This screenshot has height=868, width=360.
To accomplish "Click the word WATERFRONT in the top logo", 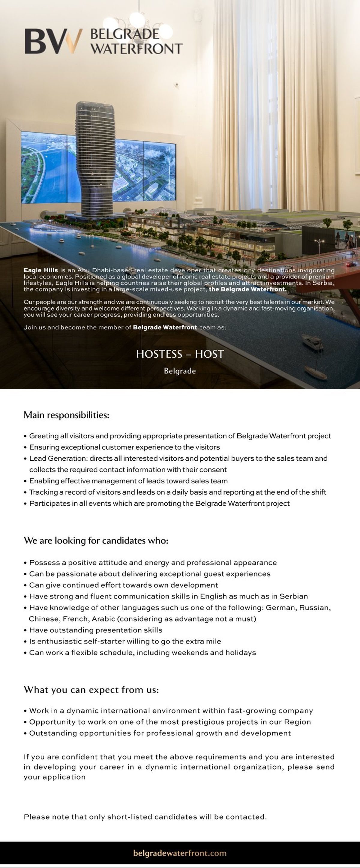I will click(136, 49).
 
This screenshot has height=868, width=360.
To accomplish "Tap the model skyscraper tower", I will click(95, 158).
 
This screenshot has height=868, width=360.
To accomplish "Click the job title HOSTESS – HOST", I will click(180, 354).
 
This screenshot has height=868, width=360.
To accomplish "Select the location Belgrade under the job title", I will click(180, 371).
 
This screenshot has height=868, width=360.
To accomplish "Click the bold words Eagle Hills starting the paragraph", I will click(40, 270).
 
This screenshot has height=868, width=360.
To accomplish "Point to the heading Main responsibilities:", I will click(66, 415).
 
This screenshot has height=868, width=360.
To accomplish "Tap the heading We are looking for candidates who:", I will click(96, 540).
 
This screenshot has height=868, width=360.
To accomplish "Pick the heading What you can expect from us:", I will click(91, 690).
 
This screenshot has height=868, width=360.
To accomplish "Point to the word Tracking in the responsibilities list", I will click(43, 492).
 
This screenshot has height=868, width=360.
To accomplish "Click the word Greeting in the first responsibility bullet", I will click(44, 436).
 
